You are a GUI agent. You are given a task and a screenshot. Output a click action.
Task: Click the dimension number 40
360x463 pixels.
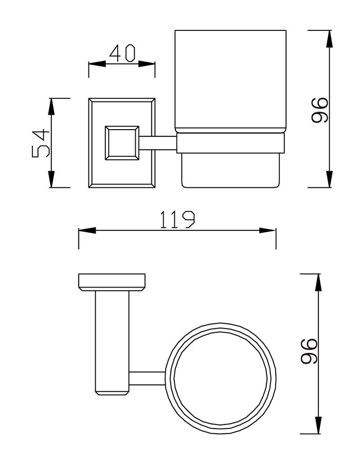pyautogui.click(x=122, y=53)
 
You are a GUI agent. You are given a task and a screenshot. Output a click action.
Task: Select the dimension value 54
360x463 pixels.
pyautogui.click(x=41, y=143)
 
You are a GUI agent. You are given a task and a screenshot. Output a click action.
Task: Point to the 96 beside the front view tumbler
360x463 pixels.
pyautogui.click(x=319, y=110)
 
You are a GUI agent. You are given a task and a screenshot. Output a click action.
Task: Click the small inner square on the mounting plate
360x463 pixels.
pyautogui.click(x=122, y=143)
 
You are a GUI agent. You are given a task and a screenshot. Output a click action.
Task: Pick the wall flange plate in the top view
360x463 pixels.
pyautogui.click(x=112, y=281)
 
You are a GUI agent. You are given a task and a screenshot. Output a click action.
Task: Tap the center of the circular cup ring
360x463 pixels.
pyautogui.click(x=222, y=378)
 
